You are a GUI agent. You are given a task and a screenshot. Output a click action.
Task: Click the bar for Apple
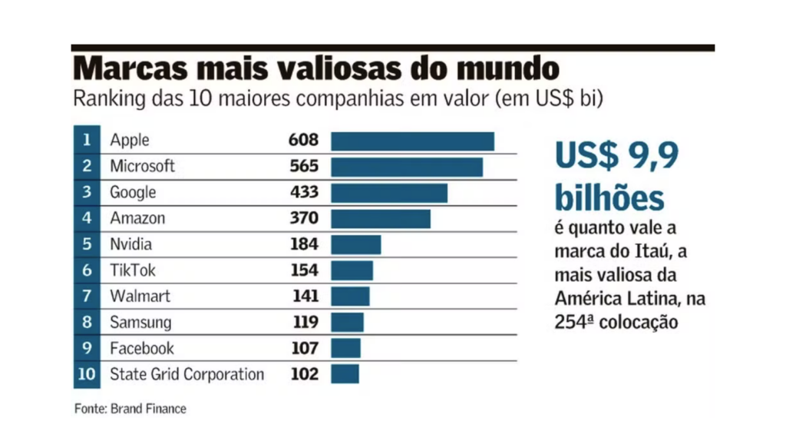pyautogui.click(x=412, y=141)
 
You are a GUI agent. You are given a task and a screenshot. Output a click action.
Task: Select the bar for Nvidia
pyautogui.click(x=355, y=244)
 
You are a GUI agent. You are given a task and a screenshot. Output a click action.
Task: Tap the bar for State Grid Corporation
pyautogui.click(x=345, y=374)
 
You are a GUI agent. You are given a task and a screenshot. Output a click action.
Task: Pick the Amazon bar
pyautogui.click(x=380, y=218)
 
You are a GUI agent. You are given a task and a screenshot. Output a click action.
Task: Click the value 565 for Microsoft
pyautogui.click(x=304, y=166)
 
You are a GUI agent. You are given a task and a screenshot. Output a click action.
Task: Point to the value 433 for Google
pyautogui.click(x=304, y=192)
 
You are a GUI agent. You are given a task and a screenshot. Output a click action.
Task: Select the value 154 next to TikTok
pyautogui.click(x=304, y=270)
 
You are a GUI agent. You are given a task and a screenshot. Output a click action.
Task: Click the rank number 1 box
pyautogui.click(x=87, y=141)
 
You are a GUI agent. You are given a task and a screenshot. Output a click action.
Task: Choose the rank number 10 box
pyautogui.click(x=87, y=374)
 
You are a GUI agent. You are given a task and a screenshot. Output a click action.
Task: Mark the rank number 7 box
pyautogui.click(x=87, y=297)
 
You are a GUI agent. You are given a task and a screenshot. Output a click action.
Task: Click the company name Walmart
pyautogui.click(x=140, y=297)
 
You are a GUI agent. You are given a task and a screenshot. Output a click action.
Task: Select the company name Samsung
pyautogui.click(x=140, y=323)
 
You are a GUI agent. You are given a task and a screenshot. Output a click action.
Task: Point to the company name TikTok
pyautogui.click(x=133, y=270)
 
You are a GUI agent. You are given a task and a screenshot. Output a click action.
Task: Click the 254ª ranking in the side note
pyautogui.click(x=573, y=322)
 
